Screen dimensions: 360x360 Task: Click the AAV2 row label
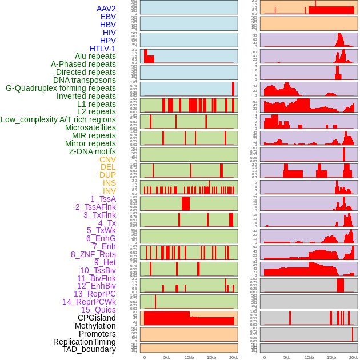106,9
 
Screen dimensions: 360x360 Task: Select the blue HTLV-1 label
103,49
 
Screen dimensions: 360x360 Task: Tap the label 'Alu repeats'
95,56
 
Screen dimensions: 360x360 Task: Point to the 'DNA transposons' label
85,80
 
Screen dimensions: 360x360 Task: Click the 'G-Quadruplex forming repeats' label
61,88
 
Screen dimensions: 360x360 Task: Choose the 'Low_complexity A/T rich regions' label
58,119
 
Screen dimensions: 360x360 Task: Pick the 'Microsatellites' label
90,127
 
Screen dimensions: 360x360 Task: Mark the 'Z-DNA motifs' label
93,151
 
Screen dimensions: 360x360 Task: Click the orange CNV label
107,159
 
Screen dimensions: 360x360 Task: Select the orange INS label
109,183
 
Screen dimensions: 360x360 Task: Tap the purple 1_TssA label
103,199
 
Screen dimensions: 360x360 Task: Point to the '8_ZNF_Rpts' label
93,254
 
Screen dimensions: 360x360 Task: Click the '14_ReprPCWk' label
89,302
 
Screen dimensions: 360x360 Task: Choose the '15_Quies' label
98,310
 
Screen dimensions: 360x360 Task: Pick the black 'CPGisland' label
97,318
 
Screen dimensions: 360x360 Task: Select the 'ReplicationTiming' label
85,342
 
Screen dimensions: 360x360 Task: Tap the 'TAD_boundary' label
89,349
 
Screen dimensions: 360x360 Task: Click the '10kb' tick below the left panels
189,357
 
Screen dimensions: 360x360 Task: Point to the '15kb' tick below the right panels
331,357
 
